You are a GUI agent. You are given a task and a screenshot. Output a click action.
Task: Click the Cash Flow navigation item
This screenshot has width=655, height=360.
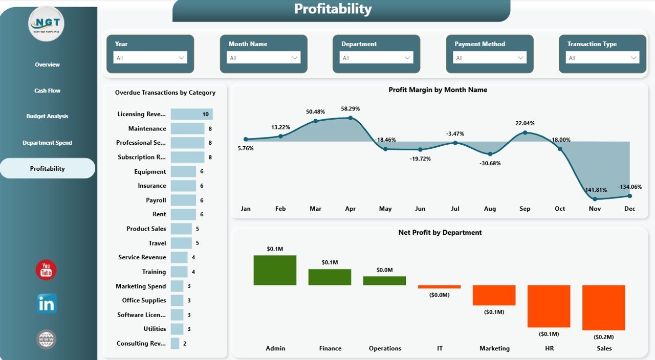point(48,91)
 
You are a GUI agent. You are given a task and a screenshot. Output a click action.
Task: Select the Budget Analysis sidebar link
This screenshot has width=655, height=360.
point(48,116)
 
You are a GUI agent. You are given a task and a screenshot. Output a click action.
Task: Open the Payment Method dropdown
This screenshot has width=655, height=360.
point(490,58)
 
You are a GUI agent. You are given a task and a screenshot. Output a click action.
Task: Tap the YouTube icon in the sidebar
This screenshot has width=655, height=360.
point(46,270)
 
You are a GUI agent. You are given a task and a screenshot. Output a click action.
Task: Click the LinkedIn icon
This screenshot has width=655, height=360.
point(47,304)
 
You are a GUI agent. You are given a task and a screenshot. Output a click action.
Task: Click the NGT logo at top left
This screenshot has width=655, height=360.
point(47,24)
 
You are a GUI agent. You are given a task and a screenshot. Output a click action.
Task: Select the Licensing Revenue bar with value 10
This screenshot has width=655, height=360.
point(191,114)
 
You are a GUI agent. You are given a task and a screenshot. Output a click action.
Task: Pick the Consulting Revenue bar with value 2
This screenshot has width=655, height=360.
point(175,343)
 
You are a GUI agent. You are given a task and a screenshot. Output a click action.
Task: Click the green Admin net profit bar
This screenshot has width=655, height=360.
point(275,270)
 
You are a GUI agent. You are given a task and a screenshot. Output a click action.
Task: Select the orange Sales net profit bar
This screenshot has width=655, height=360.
point(604,307)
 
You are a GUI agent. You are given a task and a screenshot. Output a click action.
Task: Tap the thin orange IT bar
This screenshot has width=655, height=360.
point(439,287)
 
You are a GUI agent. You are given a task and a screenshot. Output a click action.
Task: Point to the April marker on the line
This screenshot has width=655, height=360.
point(351,118)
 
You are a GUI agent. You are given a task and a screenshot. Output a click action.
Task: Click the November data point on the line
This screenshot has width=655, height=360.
point(595,199)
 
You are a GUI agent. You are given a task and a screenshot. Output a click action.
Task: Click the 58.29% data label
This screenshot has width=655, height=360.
point(351,109)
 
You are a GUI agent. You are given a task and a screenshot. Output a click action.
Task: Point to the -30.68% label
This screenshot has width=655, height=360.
point(490,163)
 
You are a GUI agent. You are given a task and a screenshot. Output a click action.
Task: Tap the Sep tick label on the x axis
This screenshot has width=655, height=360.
point(525,209)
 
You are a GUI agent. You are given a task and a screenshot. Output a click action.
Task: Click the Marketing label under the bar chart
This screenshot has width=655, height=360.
point(494,348)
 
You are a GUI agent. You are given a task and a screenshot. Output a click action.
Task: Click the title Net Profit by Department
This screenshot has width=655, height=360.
point(440,232)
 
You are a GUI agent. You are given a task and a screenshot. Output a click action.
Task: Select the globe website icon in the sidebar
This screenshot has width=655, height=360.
point(47,339)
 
